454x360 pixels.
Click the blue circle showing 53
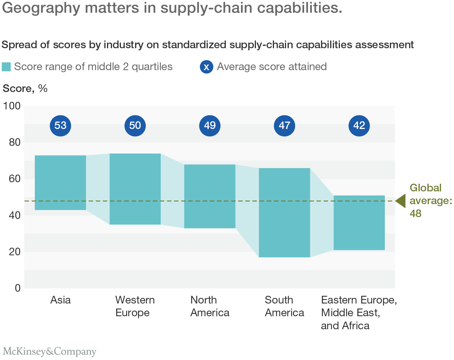tap(60, 126)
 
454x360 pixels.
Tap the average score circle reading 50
tap(135, 126)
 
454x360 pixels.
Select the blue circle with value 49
tap(210, 126)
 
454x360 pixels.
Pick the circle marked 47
tap(284, 126)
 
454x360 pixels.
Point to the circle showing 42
tap(359, 126)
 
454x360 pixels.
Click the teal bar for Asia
tap(60, 183)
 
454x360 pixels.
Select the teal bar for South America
tap(284, 212)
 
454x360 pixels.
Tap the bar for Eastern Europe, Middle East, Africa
tap(359, 222)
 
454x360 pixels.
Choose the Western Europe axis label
tap(135, 306)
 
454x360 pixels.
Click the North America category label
tap(210, 306)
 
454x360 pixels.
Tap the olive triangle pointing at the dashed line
tap(401, 201)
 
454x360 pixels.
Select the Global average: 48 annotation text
tap(429, 201)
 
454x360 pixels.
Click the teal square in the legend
tap(6, 67)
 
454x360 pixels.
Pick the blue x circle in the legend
tap(206, 67)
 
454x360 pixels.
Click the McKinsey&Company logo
tap(49, 351)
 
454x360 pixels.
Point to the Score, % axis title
tap(25, 88)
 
